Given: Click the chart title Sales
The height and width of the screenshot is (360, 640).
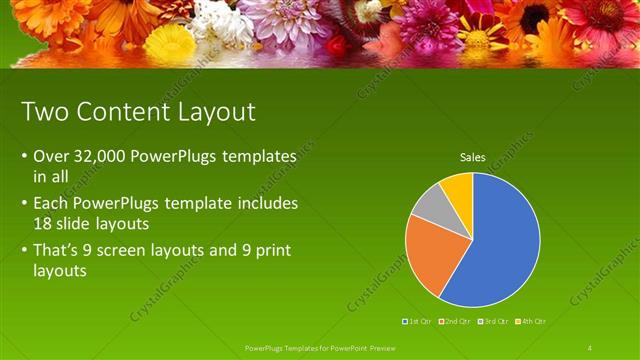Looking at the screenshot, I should point(473,157).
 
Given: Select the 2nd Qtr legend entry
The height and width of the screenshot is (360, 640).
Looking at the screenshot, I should point(455,321).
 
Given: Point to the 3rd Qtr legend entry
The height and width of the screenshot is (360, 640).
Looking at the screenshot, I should point(494,321).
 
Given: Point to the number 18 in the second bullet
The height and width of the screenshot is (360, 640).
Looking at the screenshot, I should point(43,223).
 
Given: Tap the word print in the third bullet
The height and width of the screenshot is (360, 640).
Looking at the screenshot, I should point(271,248).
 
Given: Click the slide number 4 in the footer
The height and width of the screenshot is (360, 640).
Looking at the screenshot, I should point(590,347).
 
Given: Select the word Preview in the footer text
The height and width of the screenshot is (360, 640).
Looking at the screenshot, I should point(383,347).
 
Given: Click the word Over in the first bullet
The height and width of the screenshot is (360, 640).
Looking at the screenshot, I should point(50,157).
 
